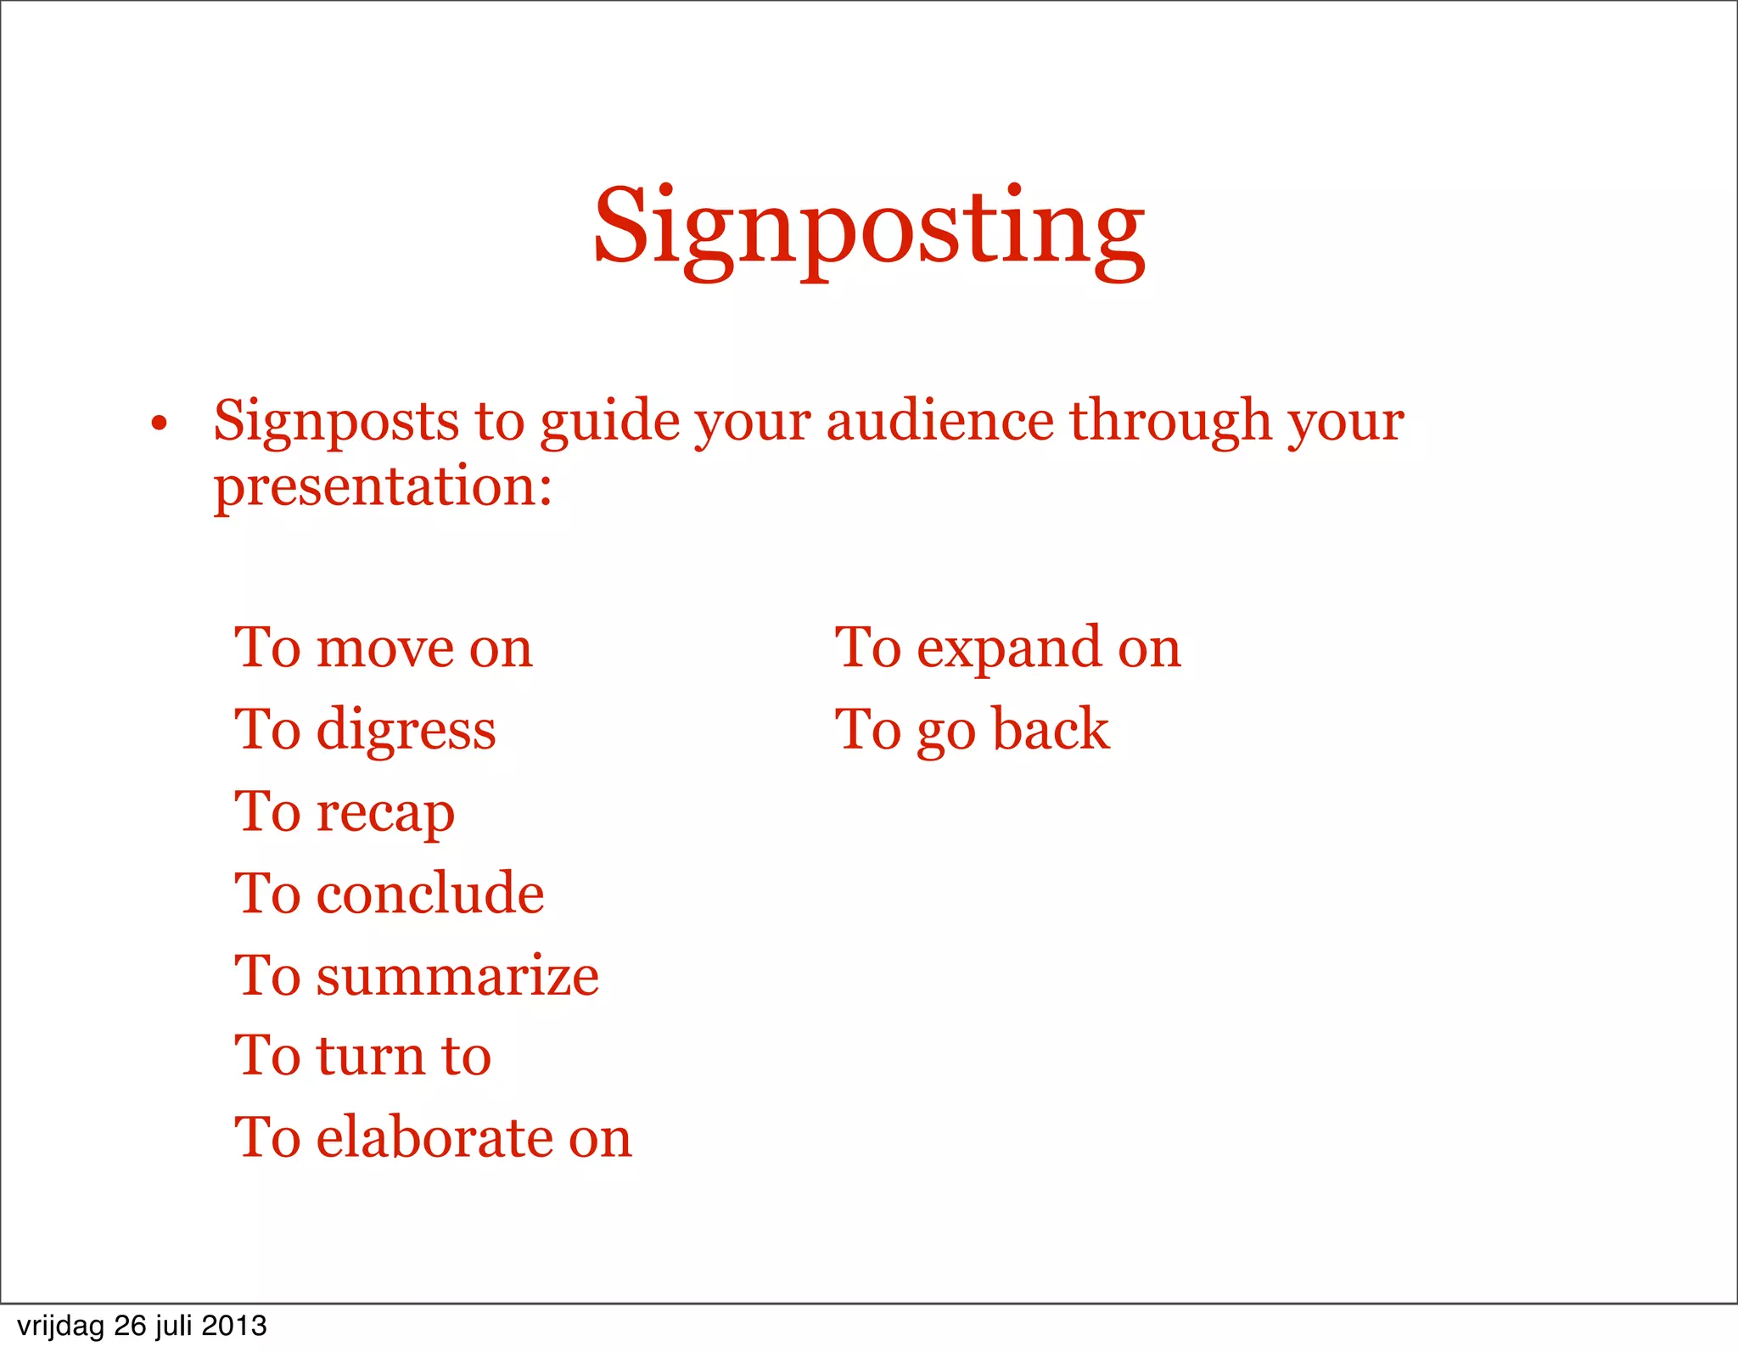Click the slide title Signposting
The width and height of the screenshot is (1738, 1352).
869,229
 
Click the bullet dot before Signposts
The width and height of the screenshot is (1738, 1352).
159,424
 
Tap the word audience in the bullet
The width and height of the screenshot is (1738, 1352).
939,421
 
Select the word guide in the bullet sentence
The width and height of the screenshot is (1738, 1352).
609,423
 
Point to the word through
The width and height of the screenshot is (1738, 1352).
1170,421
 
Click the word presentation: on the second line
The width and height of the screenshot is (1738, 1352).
383,487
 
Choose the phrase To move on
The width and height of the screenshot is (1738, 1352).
384,648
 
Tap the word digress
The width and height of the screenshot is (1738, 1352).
406,731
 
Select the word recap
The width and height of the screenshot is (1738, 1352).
385,813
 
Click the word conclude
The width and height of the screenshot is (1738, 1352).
430,894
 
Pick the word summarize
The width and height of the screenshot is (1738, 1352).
457,975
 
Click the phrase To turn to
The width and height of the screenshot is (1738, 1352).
363,1057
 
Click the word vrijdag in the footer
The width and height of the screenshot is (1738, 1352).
60,1326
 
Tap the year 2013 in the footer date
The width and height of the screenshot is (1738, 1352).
234,1326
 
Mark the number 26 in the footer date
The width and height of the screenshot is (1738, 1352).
130,1326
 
